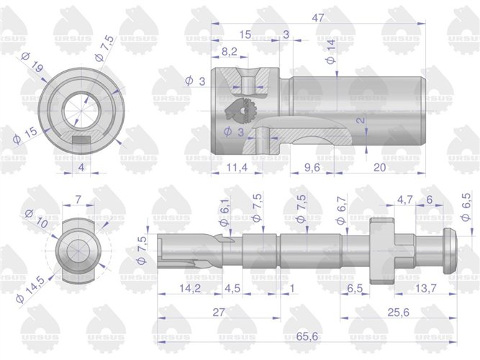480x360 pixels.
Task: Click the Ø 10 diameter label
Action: pos(37,218)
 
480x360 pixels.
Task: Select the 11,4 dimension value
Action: pos(232,168)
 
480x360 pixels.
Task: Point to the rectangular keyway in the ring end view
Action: pos(81,136)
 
